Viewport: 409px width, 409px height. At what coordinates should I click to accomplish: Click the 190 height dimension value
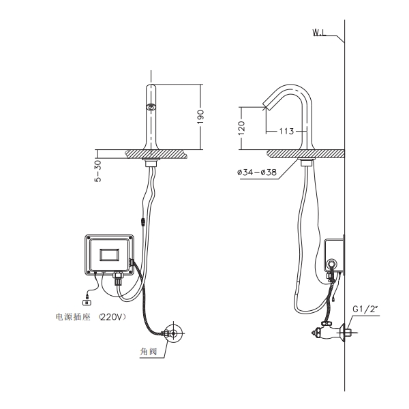tap(200, 117)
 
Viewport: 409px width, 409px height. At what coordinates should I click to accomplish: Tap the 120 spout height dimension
tap(241, 128)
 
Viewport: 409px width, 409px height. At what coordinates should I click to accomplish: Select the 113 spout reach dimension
tap(286, 131)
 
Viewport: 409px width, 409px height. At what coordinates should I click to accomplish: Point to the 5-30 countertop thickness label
tap(97, 170)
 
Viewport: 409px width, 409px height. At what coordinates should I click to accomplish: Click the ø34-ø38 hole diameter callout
tap(257, 172)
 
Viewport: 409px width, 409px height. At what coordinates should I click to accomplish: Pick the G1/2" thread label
tap(365, 309)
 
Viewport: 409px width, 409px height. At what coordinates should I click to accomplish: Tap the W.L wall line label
tap(319, 33)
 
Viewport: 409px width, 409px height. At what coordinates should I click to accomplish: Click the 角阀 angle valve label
tap(149, 352)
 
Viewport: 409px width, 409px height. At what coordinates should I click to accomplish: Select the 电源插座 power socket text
tap(73, 317)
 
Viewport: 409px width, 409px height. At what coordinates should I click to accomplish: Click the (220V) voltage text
tap(112, 317)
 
